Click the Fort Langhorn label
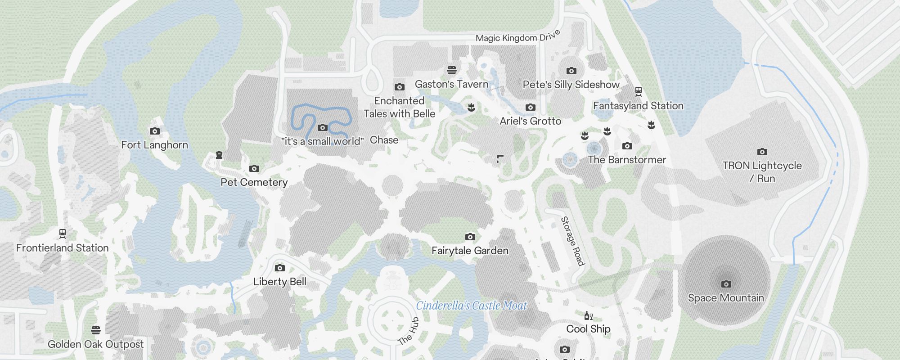pos(154,145)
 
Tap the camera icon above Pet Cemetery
pos(254,169)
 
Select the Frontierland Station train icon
pos(63,234)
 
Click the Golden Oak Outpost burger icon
pos(95,330)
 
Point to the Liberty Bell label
pos(279,282)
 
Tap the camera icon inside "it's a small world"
pos(323,128)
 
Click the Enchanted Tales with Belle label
pos(399,107)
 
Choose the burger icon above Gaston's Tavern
pos(452,70)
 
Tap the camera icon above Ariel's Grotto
pos(531,108)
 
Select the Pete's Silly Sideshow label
pos(571,85)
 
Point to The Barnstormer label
pos(627,160)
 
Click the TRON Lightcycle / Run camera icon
pos(762,152)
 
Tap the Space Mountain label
pos(726,298)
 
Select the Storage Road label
pos(572,241)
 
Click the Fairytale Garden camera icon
pos(470,237)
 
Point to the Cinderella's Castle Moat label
pos(471,306)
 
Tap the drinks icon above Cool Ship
pos(588,316)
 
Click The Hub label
pos(409,331)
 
